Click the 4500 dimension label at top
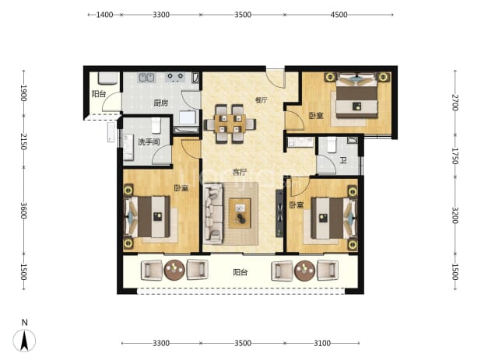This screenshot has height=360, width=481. click(x=339, y=15)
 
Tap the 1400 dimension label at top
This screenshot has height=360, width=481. click(x=104, y=15)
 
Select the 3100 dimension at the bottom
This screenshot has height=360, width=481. click(x=322, y=343)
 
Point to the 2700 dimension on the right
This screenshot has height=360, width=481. click(x=455, y=103)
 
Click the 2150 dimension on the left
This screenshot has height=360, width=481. click(x=23, y=142)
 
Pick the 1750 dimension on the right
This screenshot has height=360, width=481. click(x=455, y=156)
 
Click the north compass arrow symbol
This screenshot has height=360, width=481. click(x=24, y=341)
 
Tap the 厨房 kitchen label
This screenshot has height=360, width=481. click(x=161, y=103)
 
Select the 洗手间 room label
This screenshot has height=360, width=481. click(x=149, y=142)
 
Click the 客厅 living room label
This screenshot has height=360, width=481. click(x=240, y=172)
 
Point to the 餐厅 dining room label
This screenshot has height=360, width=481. click(x=261, y=100)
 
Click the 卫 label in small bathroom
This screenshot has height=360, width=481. click(x=343, y=160)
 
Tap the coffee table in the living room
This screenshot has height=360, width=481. click(x=240, y=213)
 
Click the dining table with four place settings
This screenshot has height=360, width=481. click(x=230, y=124)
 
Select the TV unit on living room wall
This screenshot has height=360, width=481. click(x=279, y=213)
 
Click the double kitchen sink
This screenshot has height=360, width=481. click(x=146, y=77)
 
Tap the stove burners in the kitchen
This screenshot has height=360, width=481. click(x=175, y=77)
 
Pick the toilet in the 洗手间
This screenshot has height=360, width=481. click(x=156, y=125)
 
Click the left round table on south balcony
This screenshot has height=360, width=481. click(x=174, y=271)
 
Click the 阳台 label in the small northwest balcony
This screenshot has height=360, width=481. click(x=99, y=94)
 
